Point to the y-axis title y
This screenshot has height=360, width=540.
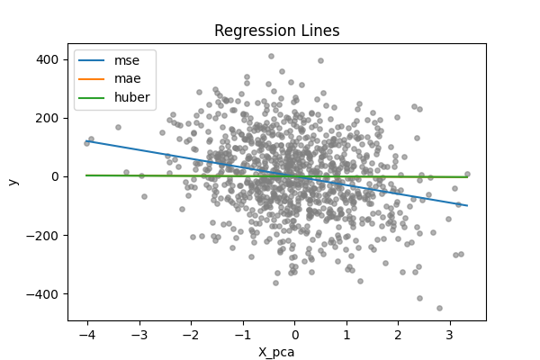(13, 181)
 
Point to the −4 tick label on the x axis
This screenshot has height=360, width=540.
(86, 334)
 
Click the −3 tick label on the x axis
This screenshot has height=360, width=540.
(139, 334)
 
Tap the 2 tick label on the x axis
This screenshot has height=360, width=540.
(400, 334)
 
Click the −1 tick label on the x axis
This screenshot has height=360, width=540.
(242, 334)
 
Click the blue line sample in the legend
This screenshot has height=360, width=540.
(94, 60)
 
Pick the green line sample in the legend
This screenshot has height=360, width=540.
(94, 96)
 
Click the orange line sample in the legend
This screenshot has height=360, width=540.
(94, 78)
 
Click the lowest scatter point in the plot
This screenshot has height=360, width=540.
(439, 308)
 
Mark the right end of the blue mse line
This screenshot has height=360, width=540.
(467, 206)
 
